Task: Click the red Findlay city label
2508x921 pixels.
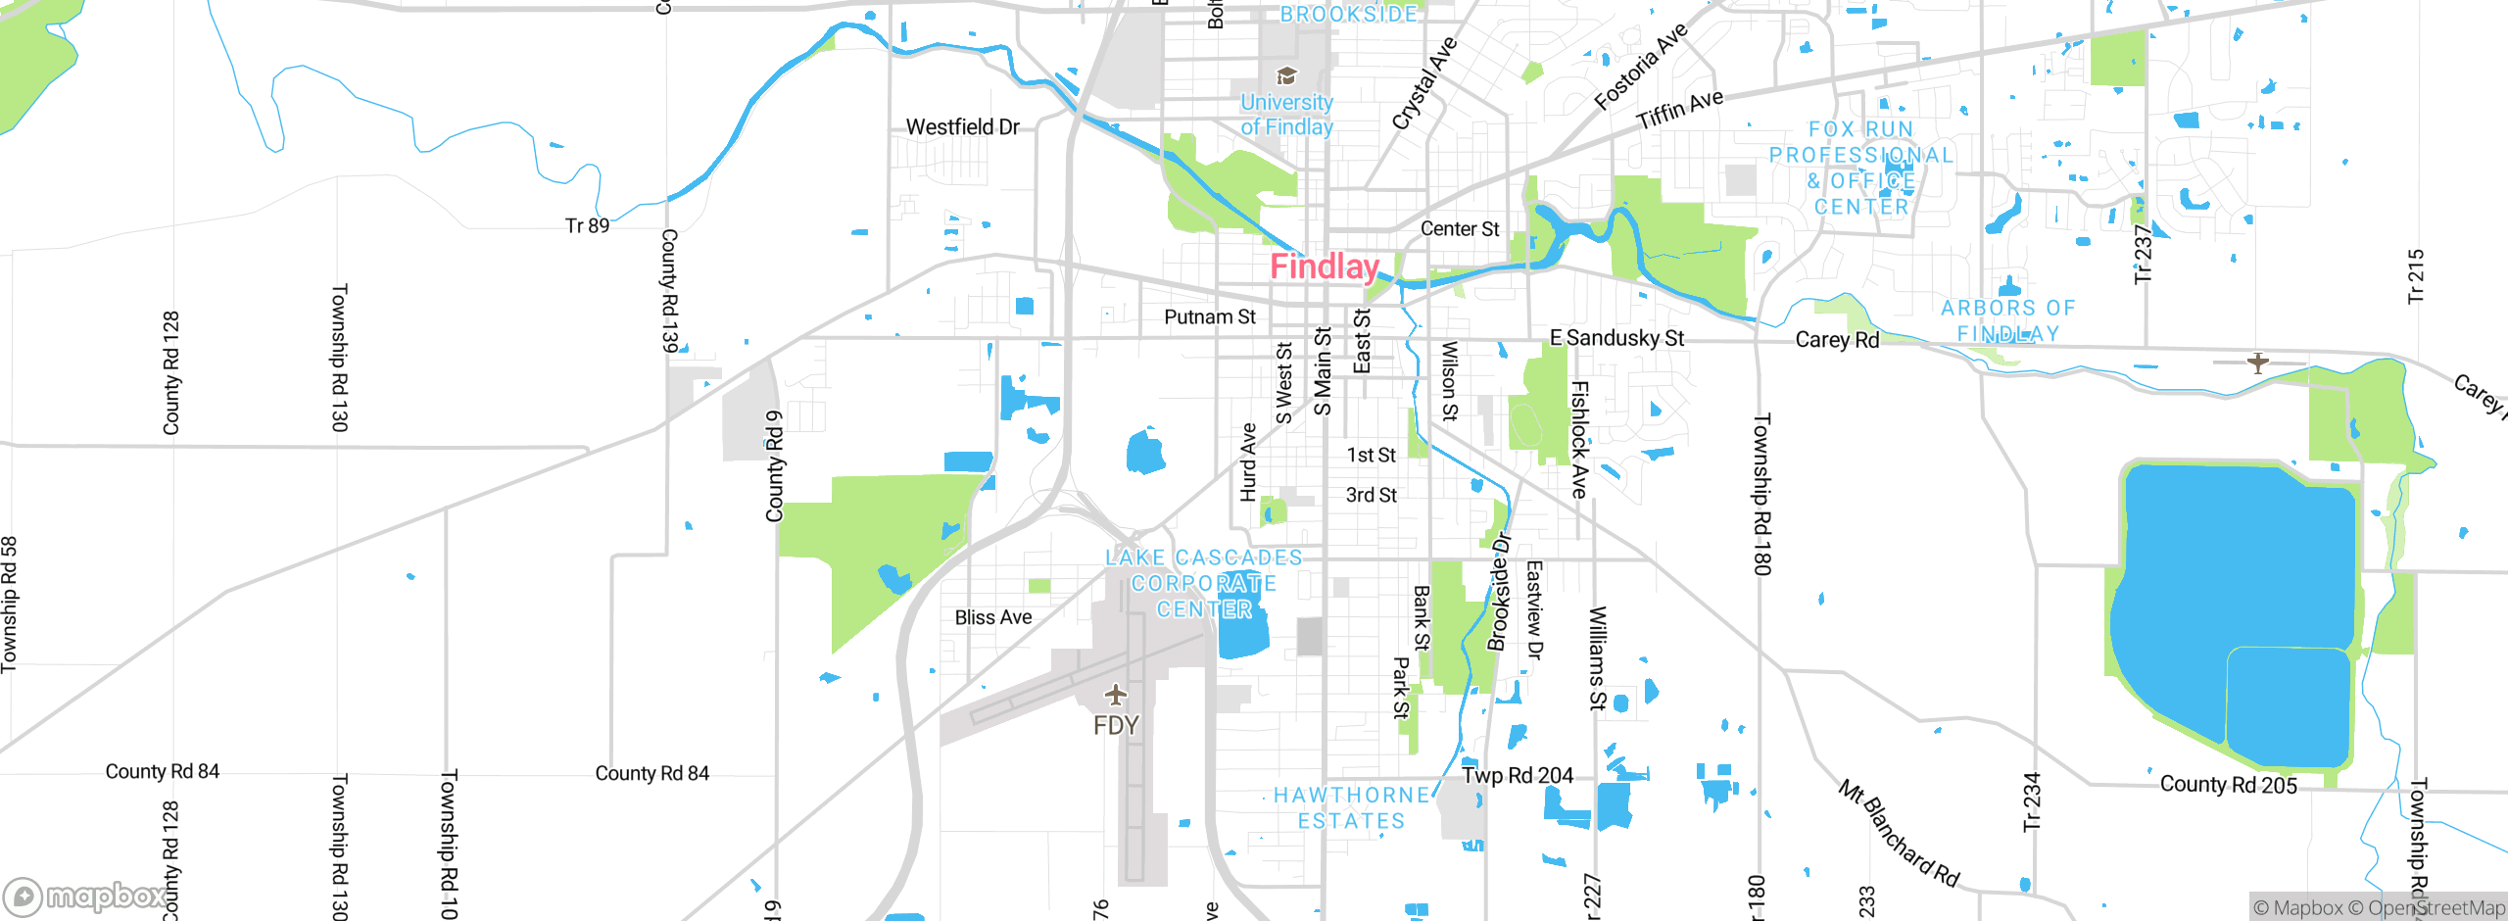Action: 1325,267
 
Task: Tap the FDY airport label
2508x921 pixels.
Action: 1116,726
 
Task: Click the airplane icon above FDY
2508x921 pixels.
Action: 1116,696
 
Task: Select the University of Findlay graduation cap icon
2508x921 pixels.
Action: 1286,76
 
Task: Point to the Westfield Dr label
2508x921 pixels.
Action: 962,127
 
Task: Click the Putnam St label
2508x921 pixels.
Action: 1209,317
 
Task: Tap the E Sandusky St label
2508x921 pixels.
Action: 1616,339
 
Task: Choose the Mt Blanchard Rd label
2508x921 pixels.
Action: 1898,834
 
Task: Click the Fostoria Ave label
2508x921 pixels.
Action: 1641,67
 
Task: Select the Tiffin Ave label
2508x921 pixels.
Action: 1679,110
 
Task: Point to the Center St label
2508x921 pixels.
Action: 1460,229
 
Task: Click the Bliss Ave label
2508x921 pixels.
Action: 993,618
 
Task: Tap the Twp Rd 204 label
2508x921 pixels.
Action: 1518,776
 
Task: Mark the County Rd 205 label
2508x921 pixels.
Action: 2228,785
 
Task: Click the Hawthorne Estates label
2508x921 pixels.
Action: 1352,808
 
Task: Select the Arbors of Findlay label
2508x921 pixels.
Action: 2008,320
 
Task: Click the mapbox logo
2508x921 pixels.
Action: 86,896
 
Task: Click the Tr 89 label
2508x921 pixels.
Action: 587,226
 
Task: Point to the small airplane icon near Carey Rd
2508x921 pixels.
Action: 2258,364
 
